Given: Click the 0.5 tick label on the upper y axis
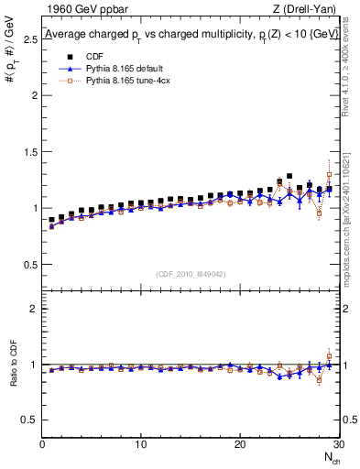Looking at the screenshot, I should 30,265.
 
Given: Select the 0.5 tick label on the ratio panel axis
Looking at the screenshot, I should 30,420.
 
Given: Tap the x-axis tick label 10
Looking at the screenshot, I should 140,444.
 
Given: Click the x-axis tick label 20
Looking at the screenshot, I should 239,444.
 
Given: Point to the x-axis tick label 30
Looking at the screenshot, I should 337,444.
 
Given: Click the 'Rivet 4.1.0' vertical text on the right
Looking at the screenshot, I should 352,69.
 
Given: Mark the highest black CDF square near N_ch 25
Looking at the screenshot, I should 289,176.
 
